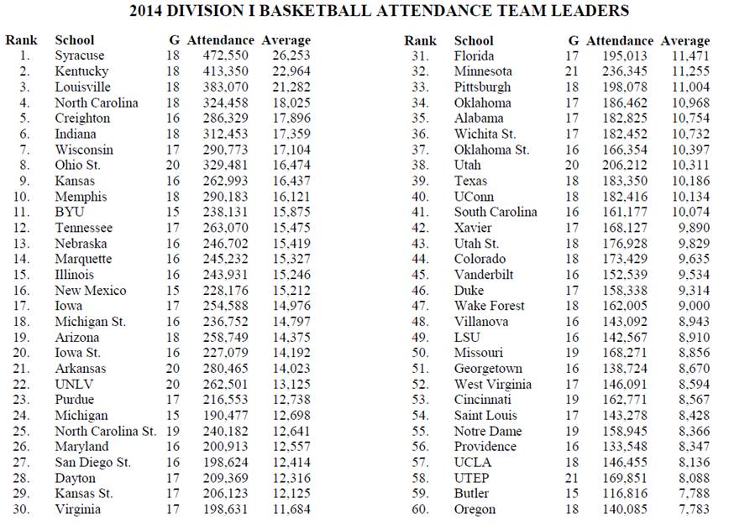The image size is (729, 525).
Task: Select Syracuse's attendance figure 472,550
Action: tap(221, 55)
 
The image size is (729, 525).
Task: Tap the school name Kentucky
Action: tap(81, 71)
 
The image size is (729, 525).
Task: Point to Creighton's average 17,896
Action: tap(291, 118)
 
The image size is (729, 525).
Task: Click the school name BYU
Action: tap(70, 213)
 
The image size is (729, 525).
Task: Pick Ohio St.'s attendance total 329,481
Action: tap(221, 165)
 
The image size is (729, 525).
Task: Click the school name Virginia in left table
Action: tap(77, 509)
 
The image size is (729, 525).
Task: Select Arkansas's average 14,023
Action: tap(291, 369)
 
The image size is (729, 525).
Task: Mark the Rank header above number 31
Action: tap(421, 40)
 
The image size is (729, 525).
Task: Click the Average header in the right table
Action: tap(685, 40)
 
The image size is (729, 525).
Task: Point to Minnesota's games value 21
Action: tap(574, 71)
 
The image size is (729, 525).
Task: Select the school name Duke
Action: tap(469, 291)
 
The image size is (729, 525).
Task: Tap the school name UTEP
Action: tap(471, 478)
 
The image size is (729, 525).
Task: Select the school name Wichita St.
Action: tap(485, 134)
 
